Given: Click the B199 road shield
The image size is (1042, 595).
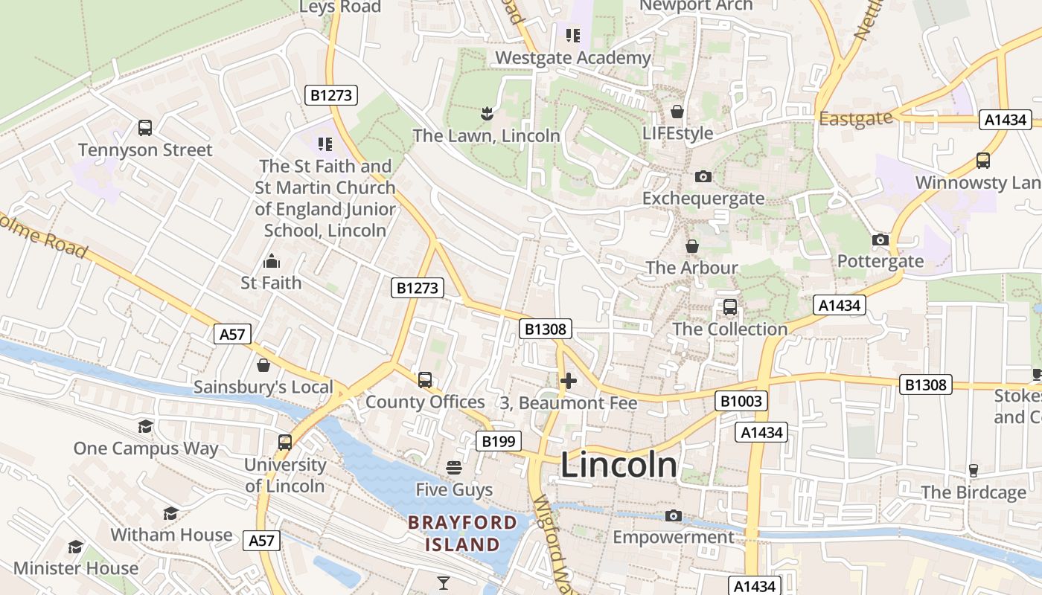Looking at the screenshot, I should click(498, 441).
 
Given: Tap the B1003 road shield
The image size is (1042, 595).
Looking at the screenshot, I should click(741, 401).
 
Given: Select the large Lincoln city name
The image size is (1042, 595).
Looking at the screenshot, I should click(619, 466).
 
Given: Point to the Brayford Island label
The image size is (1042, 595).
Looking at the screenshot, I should click(462, 533).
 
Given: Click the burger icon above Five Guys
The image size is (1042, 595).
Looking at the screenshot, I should click(454, 468).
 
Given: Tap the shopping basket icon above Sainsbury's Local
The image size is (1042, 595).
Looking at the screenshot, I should click(263, 365).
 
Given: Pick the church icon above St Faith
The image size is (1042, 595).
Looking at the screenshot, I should click(271, 261).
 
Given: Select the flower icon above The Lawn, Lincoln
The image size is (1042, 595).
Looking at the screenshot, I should click(486, 114).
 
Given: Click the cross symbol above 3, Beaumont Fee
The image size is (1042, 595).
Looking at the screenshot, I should click(569, 381).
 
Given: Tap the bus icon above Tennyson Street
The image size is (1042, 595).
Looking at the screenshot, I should click(145, 128).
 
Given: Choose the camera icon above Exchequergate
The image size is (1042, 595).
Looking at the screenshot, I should click(703, 176).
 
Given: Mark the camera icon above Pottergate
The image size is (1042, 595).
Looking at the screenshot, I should click(880, 239).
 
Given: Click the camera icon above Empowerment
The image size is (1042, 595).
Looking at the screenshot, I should click(674, 515).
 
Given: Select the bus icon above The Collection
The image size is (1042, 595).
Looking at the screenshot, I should click(730, 307).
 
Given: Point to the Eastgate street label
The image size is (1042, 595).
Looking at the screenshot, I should click(855, 118).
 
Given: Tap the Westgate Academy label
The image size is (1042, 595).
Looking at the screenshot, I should click(573, 57).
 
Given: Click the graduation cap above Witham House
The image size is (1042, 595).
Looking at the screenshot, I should click(170, 513).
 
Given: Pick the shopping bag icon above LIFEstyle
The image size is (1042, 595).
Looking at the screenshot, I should click(677, 112).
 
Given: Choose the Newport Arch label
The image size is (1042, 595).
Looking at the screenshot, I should click(696, 6).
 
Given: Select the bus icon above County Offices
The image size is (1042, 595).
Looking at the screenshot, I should click(425, 380).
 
